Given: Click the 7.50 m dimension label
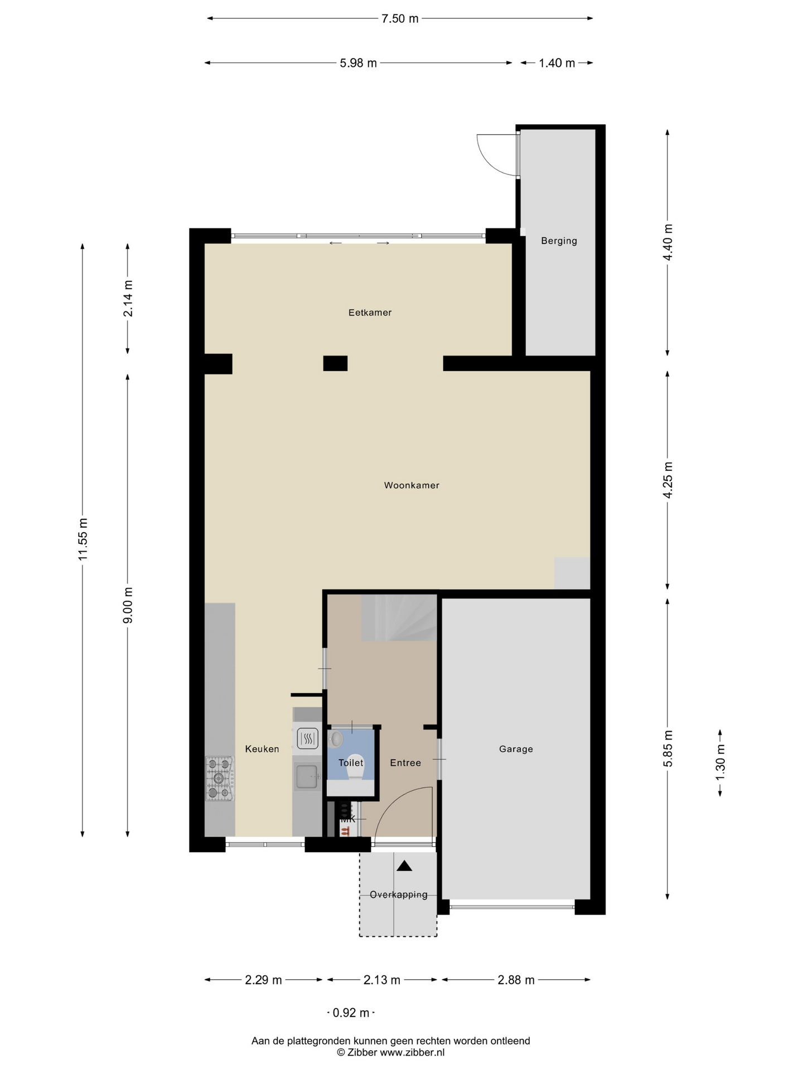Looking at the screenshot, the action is pyautogui.click(x=400, y=18).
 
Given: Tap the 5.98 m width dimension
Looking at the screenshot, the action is pyautogui.click(x=358, y=63).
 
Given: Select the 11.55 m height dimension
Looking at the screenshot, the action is pyautogui.click(x=83, y=539).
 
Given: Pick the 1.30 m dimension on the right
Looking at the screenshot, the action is pyautogui.click(x=720, y=762).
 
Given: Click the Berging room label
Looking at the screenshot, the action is pyautogui.click(x=559, y=241).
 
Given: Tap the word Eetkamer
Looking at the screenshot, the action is pyautogui.click(x=370, y=313).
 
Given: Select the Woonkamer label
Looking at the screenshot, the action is pyautogui.click(x=412, y=485).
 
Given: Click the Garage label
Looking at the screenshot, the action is pyautogui.click(x=516, y=749).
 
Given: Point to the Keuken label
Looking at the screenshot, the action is pyautogui.click(x=262, y=749).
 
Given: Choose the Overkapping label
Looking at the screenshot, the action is pyautogui.click(x=399, y=894).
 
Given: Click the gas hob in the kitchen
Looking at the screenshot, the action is pyautogui.click(x=220, y=779).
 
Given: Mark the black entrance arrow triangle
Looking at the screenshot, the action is pyautogui.click(x=404, y=865).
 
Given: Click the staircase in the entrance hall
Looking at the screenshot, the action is pyautogui.click(x=399, y=617).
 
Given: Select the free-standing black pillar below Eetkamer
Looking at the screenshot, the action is pyautogui.click(x=335, y=363).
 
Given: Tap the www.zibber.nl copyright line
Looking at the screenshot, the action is pyautogui.click(x=390, y=1053).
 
